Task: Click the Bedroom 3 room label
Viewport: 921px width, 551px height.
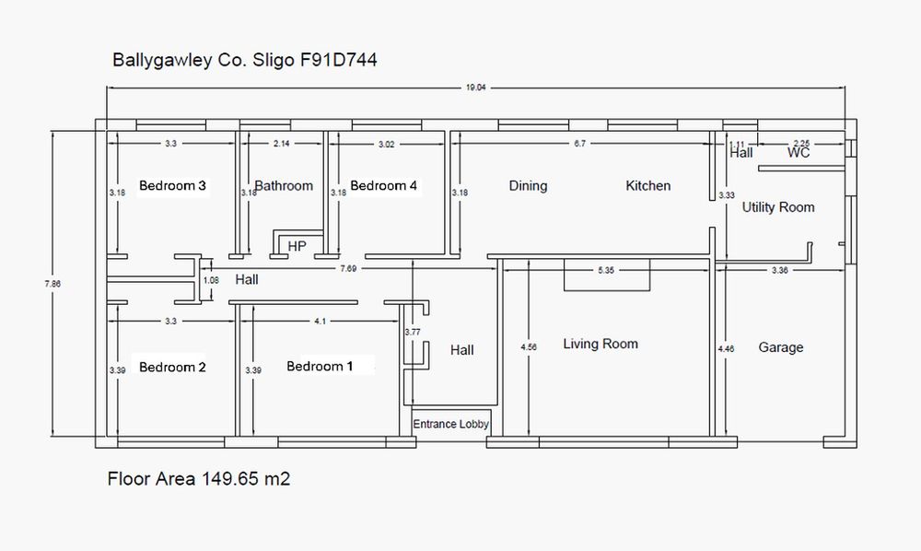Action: (173, 185)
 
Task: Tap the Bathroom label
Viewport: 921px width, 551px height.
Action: (284, 185)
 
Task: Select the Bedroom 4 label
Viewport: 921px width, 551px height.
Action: (383, 185)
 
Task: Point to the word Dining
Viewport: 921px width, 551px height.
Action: (528, 186)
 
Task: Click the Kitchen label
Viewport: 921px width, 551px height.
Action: (647, 185)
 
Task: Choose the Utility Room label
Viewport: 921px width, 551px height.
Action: (778, 207)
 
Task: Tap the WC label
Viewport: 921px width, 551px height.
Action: (799, 153)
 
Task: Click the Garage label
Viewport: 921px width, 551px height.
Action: (781, 347)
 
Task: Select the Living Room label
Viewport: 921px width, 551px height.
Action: (600, 345)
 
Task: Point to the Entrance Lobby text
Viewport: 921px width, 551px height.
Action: (450, 424)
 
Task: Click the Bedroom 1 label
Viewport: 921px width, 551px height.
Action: (321, 367)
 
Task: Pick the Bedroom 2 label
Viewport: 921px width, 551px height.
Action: (173, 367)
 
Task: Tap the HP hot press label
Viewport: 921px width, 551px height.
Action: (297, 246)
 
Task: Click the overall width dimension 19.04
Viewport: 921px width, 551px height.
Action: (476, 88)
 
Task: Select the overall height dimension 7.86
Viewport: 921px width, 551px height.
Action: (52, 284)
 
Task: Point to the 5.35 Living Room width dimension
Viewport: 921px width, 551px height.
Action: (606, 270)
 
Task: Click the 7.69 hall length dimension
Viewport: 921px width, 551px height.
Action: (348, 268)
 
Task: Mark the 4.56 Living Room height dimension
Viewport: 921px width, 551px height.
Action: (529, 347)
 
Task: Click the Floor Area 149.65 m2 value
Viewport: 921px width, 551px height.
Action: (246, 479)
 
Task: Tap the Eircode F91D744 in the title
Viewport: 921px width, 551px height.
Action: (338, 60)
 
